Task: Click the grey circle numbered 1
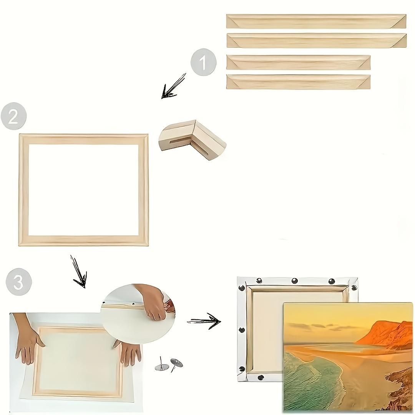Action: pyautogui.click(x=203, y=63)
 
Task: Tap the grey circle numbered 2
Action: pyautogui.click(x=13, y=116)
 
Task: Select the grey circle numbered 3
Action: pyautogui.click(x=18, y=283)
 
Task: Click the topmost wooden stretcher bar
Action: pyautogui.click(x=316, y=21)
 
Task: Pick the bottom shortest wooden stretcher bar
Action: pyautogui.click(x=298, y=82)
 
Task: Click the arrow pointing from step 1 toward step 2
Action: pyautogui.click(x=173, y=87)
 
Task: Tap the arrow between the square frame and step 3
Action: pyautogui.click(x=78, y=272)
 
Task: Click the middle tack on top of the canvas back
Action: pyautogui.click(x=295, y=281)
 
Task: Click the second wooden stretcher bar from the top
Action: pyautogui.click(x=316, y=40)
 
